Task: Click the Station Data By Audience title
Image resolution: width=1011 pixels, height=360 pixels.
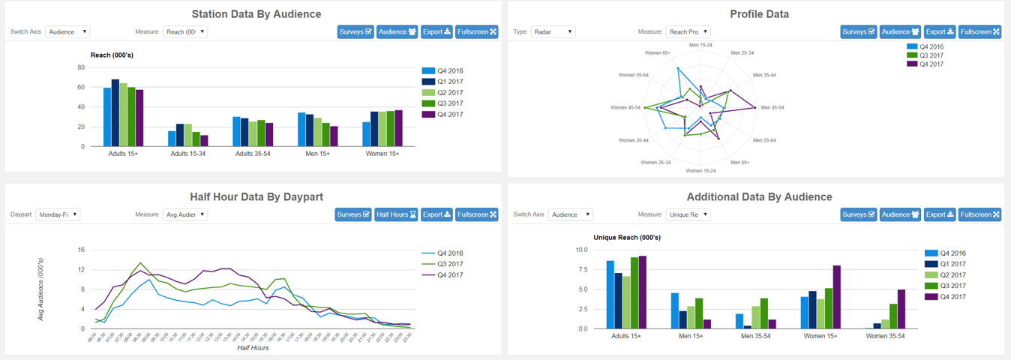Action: point(256,14)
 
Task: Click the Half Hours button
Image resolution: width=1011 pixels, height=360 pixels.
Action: point(396,214)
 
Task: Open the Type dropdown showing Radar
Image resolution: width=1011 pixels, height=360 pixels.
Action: point(553,32)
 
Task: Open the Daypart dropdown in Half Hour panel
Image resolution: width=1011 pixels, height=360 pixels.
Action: point(58,214)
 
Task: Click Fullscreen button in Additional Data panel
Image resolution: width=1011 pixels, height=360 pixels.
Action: point(979,214)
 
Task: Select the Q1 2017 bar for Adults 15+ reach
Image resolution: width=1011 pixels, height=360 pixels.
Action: point(115,112)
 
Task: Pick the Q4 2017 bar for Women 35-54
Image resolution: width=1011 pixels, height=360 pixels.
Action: point(902,309)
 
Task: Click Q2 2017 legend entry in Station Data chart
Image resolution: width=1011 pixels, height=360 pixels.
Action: point(450,93)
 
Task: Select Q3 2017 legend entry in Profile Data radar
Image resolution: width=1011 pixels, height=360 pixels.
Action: point(931,55)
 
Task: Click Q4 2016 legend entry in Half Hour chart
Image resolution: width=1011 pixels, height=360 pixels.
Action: point(450,253)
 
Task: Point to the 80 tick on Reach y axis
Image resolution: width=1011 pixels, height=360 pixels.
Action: point(81,67)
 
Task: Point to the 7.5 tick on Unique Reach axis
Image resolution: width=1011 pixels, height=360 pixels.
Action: point(581,270)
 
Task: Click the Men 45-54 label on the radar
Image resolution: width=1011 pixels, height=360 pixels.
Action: point(772,108)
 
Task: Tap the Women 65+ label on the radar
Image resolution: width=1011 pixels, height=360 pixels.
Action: point(657,53)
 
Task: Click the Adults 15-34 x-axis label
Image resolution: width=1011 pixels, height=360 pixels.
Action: point(187,154)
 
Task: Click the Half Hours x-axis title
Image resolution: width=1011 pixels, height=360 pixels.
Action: point(253,348)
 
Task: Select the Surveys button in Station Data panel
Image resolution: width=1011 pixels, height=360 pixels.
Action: point(355,32)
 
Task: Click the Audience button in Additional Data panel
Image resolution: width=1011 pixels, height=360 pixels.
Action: point(900,214)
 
